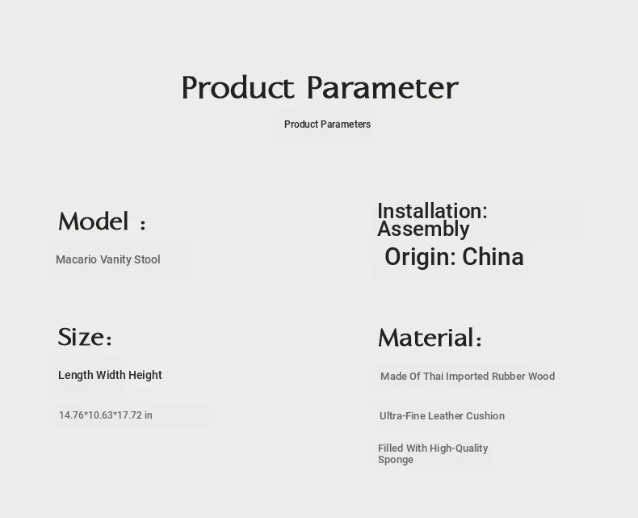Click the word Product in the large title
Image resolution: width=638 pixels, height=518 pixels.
tap(237, 87)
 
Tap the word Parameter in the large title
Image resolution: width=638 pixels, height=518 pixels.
tap(383, 87)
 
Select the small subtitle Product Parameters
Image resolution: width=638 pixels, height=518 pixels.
tap(327, 124)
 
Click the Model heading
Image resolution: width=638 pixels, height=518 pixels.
tap(102, 221)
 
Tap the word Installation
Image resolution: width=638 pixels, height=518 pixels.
tap(432, 211)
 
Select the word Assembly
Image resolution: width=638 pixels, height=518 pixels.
tap(423, 230)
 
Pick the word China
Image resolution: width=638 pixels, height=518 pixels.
tap(493, 257)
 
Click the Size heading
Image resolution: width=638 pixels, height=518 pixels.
tap(85, 337)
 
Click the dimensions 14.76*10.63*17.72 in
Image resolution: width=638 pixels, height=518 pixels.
tap(106, 415)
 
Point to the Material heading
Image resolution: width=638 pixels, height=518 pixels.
tap(430, 338)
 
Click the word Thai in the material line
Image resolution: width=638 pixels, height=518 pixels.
tap(434, 376)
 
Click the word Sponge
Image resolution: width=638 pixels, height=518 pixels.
tap(396, 460)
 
